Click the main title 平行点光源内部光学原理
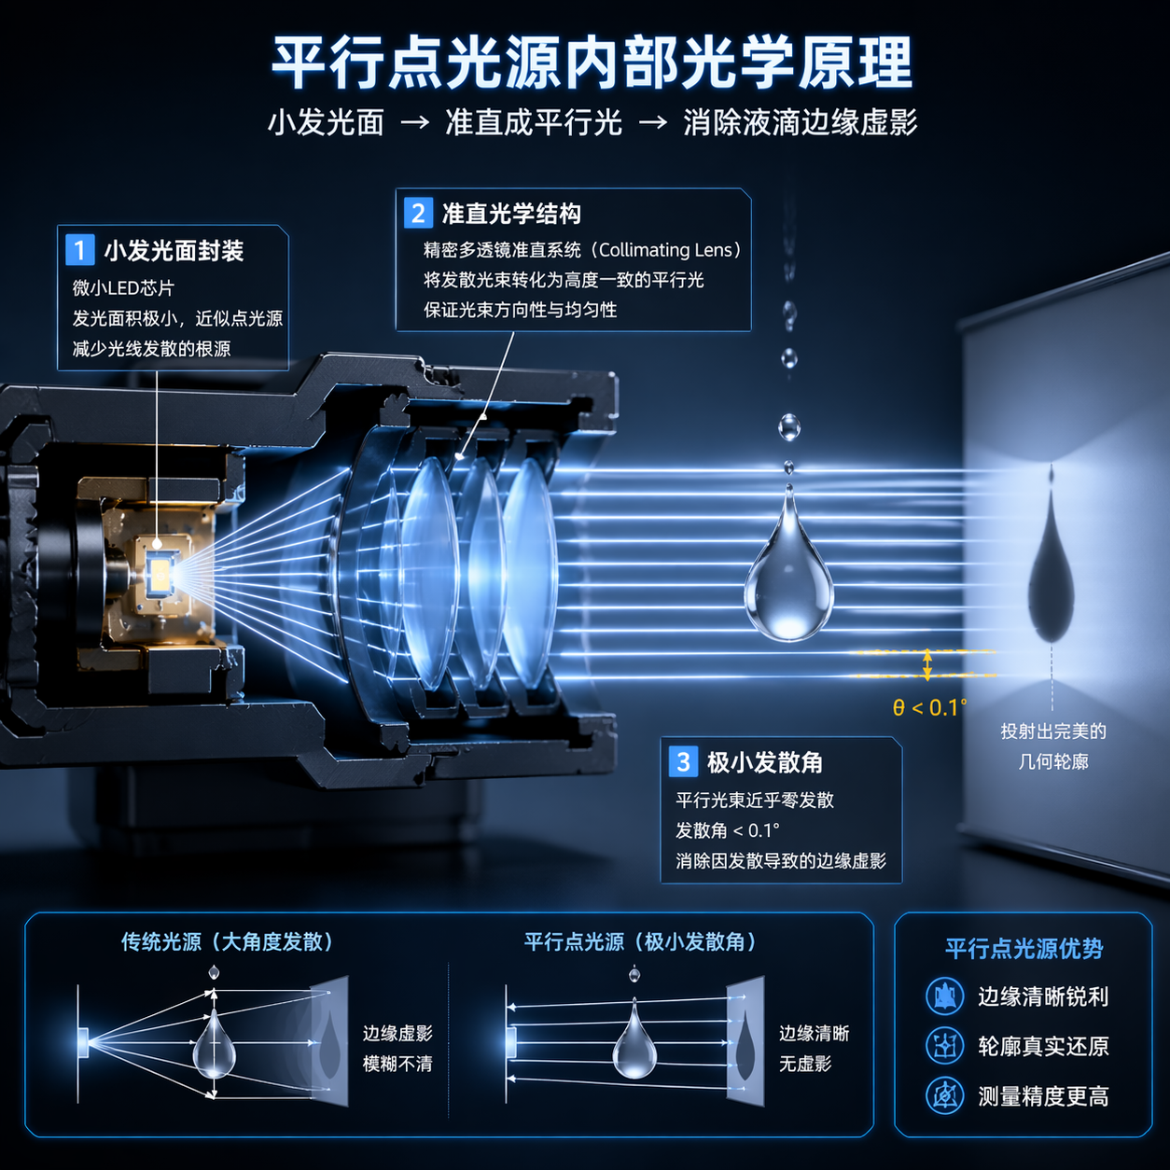[592, 63]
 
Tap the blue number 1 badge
[79, 249]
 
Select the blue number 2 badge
[418, 213]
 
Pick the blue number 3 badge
[683, 761]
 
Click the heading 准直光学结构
[511, 214]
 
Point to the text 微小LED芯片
[123, 287]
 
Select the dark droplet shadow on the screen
[1051, 564]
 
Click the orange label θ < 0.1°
[929, 707]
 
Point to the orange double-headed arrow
[927, 664]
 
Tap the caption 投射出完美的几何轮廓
[1052, 746]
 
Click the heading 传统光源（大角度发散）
[227, 941]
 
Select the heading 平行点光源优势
[1024, 948]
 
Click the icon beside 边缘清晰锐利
[944, 996]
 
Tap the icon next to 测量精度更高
[944, 1096]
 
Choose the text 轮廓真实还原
[1043, 1046]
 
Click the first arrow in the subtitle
[414, 122]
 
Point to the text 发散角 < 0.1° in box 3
[728, 830]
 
